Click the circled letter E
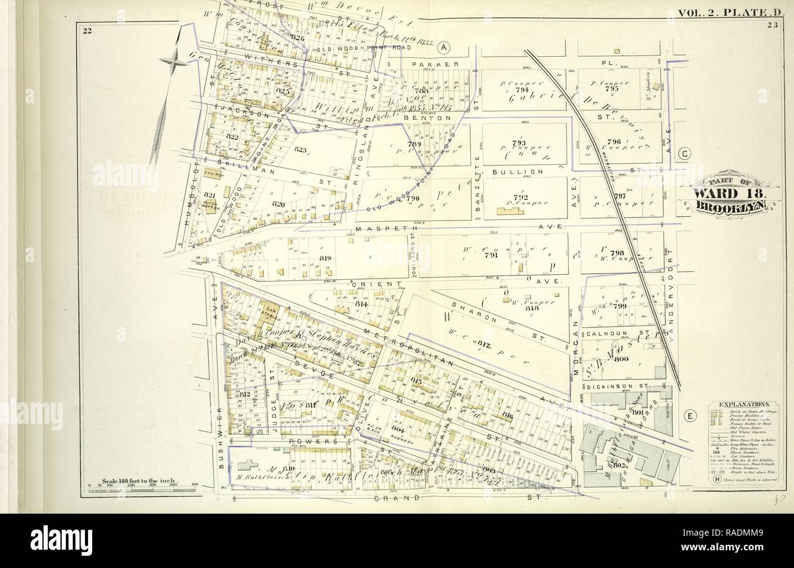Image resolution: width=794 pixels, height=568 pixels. click(690, 416)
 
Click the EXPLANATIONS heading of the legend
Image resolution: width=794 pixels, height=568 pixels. click(742, 404)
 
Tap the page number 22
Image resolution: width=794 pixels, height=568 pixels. click(87, 32)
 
